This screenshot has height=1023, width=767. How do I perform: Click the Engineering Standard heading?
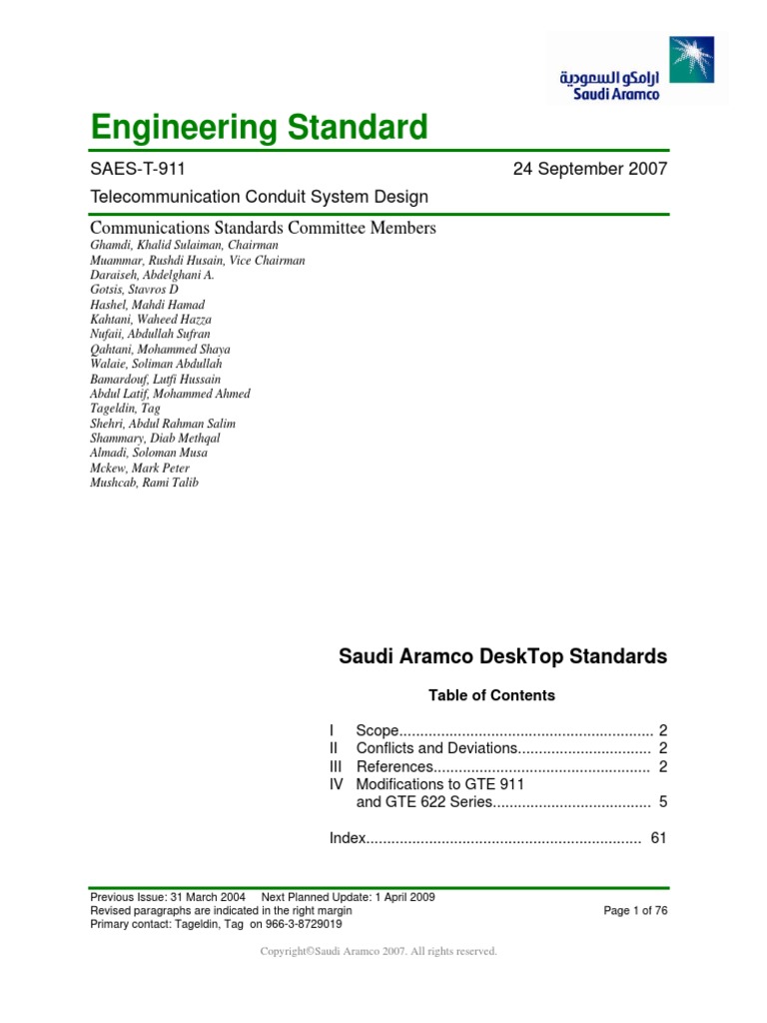(x=259, y=127)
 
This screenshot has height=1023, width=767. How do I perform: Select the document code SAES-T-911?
(x=138, y=169)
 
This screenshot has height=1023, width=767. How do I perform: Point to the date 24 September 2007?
(x=589, y=169)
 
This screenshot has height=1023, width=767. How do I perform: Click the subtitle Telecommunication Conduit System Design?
(x=259, y=197)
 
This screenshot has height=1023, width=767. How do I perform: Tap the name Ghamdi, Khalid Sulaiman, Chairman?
(x=184, y=245)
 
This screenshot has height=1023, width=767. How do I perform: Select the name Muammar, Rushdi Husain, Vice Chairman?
(x=198, y=260)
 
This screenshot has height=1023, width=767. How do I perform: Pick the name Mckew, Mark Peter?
(x=140, y=468)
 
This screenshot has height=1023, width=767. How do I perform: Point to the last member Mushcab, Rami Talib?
(x=145, y=483)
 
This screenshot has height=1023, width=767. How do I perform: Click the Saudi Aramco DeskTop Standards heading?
(x=502, y=657)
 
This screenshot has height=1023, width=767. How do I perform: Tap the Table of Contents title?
(x=491, y=695)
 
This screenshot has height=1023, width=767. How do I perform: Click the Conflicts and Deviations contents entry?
(x=435, y=748)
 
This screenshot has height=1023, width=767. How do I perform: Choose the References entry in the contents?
(x=394, y=766)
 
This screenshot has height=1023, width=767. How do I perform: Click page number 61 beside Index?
(x=658, y=838)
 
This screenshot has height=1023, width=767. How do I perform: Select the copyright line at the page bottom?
(x=379, y=952)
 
